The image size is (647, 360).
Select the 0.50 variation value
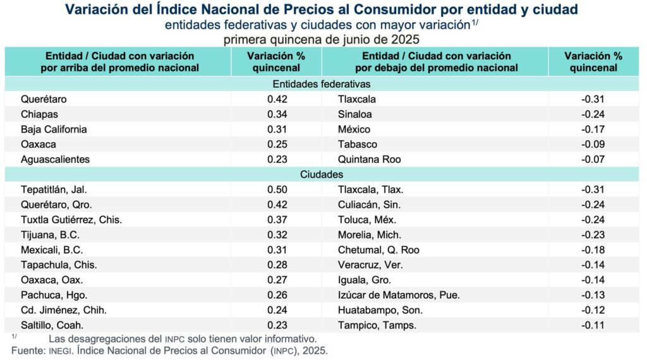(x=277, y=189)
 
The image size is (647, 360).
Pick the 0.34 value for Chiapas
(x=277, y=114)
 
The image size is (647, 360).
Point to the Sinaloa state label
(x=355, y=114)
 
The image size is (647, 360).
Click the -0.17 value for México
(x=593, y=129)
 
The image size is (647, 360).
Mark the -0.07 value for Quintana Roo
(x=593, y=160)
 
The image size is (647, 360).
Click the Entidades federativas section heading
(x=322, y=84)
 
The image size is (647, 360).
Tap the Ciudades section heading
(x=322, y=174)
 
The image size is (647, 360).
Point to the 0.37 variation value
(x=277, y=220)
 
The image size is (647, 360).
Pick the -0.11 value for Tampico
(x=593, y=325)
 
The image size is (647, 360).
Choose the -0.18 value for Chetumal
(x=593, y=250)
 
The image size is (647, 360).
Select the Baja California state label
(x=54, y=129)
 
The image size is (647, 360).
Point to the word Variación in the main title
(x=98, y=11)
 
